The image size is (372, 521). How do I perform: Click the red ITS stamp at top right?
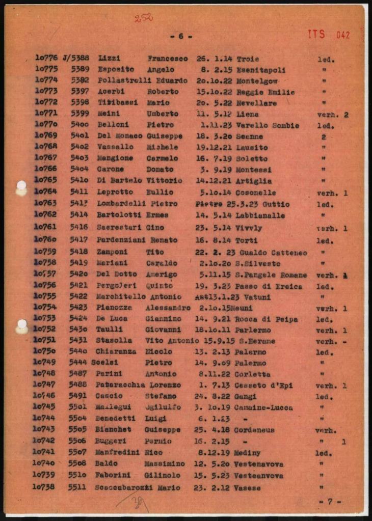pos(328,34)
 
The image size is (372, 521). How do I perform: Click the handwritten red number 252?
pos(144,18)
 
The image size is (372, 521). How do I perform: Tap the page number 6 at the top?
pos(181,37)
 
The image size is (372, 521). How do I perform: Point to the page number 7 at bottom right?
pos(330,502)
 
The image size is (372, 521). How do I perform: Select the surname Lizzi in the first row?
pos(109,59)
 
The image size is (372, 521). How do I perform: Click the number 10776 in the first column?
pos(46,58)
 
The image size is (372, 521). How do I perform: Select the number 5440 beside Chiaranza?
pos(78,351)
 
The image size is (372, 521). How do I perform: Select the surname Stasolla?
pos(114,340)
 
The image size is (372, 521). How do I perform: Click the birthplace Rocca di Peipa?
pos(265,319)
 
